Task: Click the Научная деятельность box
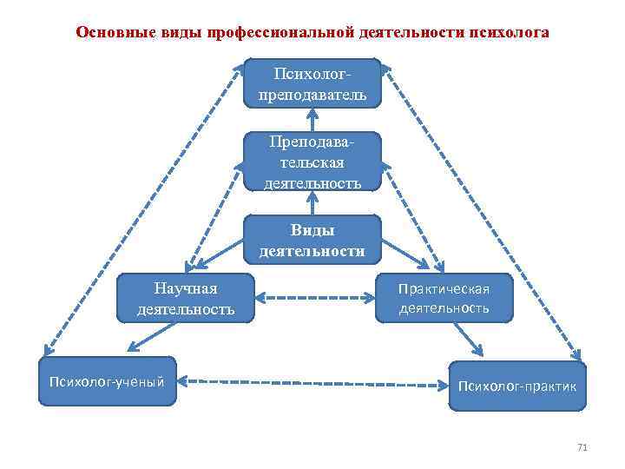(186, 298)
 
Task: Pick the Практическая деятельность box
(444, 298)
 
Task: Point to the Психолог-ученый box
(107, 380)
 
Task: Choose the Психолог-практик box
(517, 385)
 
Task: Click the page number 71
(582, 448)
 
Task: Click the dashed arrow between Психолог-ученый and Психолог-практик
(312, 381)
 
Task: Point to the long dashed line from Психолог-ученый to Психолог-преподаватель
(143, 208)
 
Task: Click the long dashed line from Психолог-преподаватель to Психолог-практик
(482, 208)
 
